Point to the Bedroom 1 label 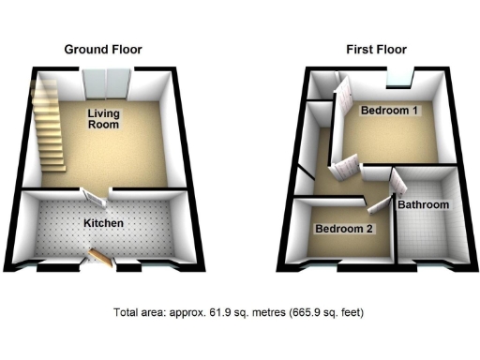[390, 111]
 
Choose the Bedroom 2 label [343, 229]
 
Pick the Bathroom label [424, 204]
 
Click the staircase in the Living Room [50, 127]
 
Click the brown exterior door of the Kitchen [102, 257]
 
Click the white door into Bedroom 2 [379, 201]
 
